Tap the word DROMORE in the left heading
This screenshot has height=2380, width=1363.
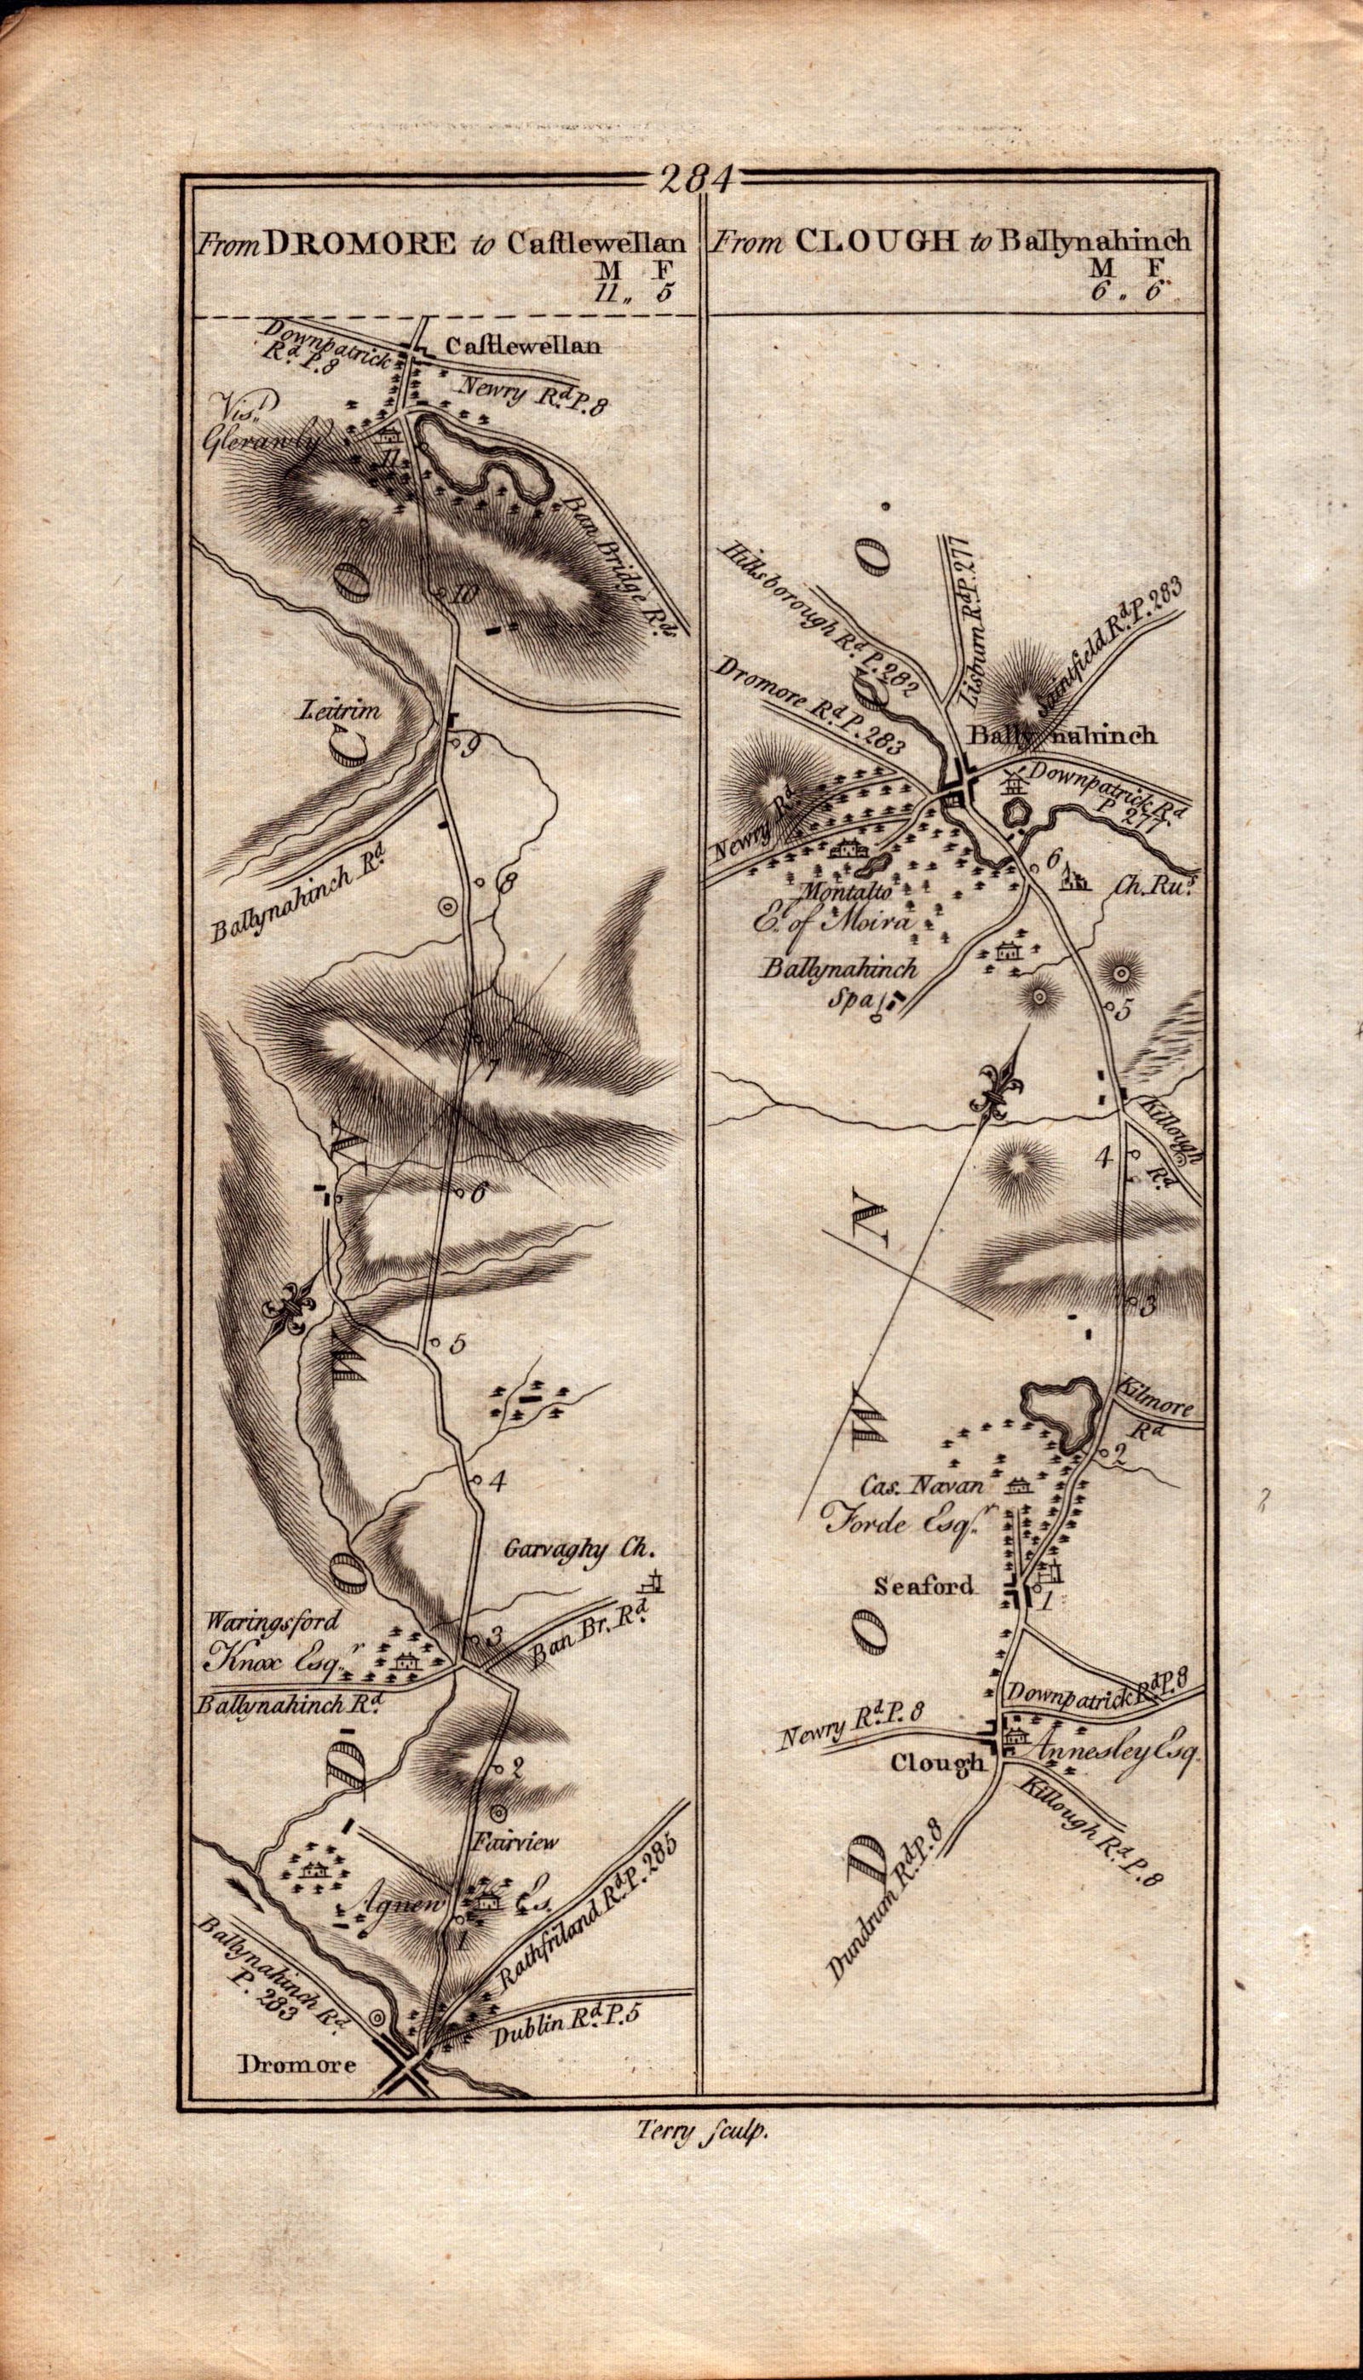(360, 245)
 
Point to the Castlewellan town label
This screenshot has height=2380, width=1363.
(520, 348)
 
